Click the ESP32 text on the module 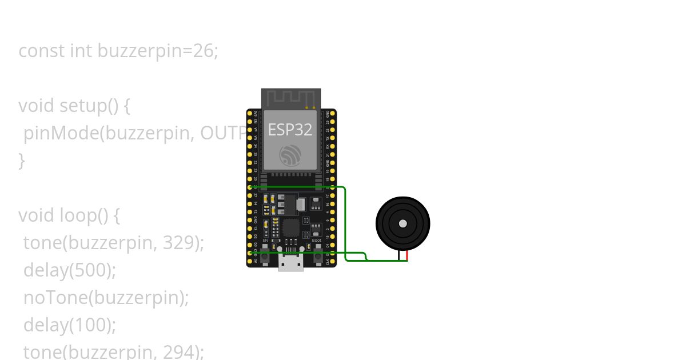[x=290, y=130]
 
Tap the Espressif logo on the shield [x=290, y=155]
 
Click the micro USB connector [x=291, y=263]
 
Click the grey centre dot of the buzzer [x=403, y=223]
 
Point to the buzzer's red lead [x=407, y=255]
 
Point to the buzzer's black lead [x=399, y=255]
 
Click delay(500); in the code [x=70, y=270]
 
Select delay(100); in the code [x=70, y=325]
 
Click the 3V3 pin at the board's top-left [x=250, y=114]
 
